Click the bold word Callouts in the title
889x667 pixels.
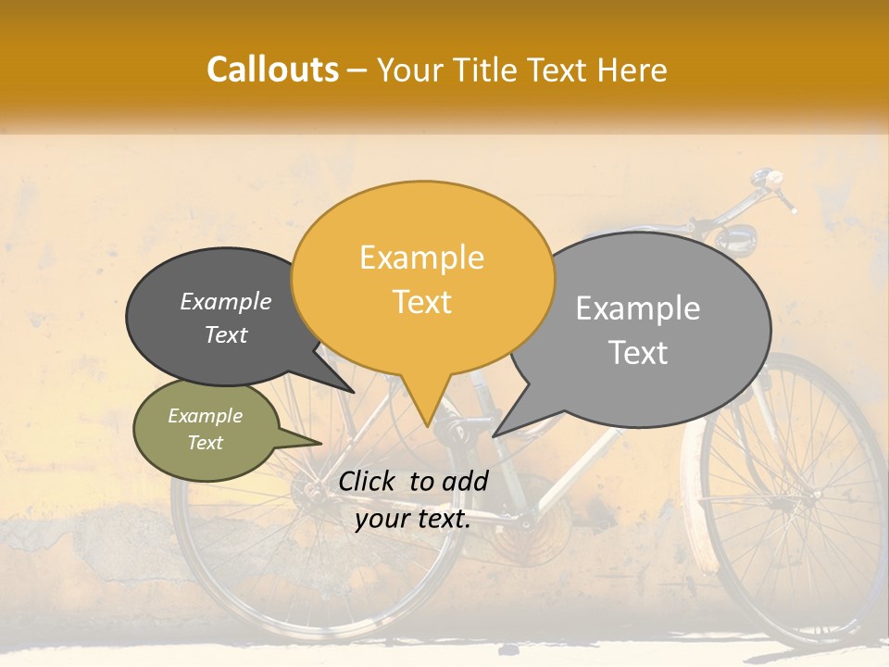click(272, 70)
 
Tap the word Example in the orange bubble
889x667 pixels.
click(421, 258)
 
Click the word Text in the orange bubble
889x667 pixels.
click(421, 302)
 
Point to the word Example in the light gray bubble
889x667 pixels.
click(638, 308)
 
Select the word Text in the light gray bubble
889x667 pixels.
click(638, 353)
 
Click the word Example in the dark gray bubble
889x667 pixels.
click(225, 301)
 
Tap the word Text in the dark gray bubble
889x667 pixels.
click(225, 334)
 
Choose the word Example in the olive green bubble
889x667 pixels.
click(205, 416)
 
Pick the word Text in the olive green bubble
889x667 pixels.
click(205, 443)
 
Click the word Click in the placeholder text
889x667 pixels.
click(369, 481)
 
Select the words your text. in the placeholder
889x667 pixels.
click(412, 520)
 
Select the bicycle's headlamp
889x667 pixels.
click(735, 238)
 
